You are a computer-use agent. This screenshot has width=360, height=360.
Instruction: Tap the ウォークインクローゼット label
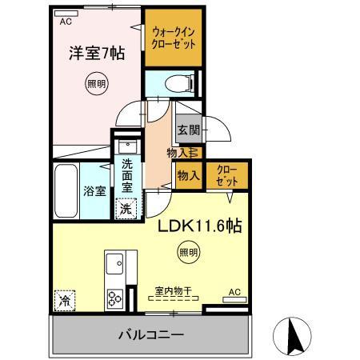(170, 35)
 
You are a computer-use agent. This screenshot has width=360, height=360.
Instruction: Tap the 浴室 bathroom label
(94, 191)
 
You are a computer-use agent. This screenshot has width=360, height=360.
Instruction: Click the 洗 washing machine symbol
(126, 209)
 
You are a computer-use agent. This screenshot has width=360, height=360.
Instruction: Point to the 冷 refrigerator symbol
(64, 301)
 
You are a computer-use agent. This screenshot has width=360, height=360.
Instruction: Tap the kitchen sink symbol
(114, 262)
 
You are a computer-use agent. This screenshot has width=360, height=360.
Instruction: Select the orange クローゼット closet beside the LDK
(226, 176)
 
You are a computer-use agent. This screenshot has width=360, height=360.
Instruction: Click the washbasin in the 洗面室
(126, 148)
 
